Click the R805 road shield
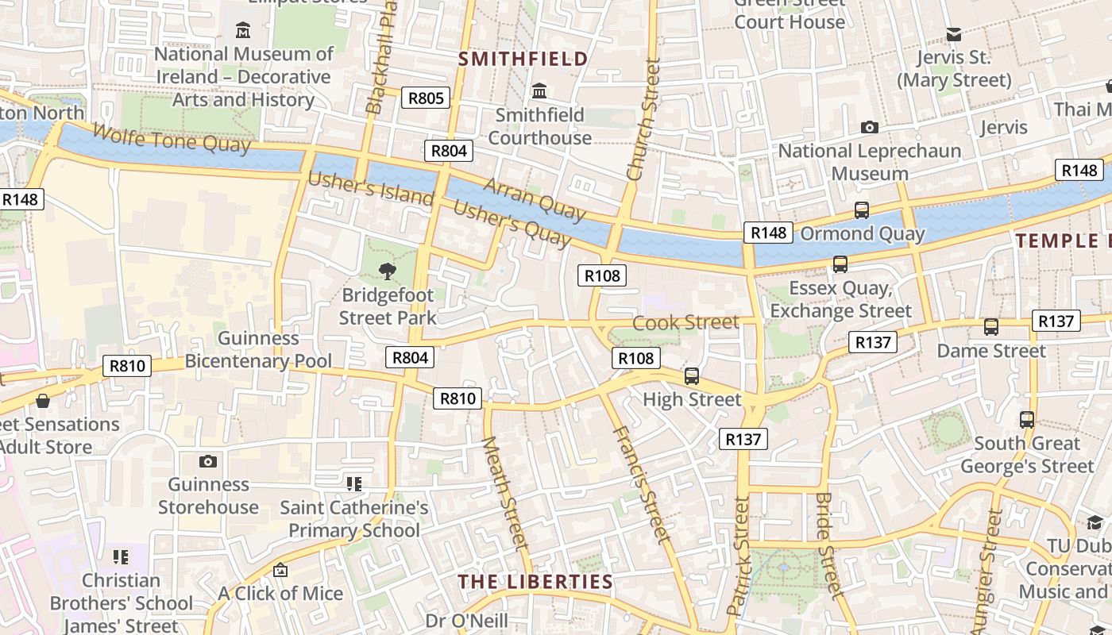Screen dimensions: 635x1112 (426, 98)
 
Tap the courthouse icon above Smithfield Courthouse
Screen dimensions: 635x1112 (539, 90)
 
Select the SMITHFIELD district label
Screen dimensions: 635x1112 (523, 59)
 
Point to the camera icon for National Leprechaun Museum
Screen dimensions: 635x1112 (870, 127)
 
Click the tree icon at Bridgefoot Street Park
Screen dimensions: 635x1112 (387, 271)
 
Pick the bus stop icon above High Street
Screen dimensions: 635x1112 (692, 376)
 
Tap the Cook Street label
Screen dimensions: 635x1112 (685, 322)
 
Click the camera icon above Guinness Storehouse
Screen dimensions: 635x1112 (208, 461)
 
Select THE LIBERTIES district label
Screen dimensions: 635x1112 (535, 582)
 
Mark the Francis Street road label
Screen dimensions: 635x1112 (642, 484)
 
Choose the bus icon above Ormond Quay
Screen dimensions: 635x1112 (862, 210)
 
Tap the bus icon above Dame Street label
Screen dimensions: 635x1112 (991, 326)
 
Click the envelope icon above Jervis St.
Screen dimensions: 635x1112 (954, 34)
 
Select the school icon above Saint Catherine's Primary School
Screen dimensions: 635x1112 (354, 483)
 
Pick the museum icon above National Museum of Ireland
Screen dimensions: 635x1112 (243, 31)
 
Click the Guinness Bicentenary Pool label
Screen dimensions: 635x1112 (258, 349)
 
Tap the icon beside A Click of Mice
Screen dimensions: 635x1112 (280, 570)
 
